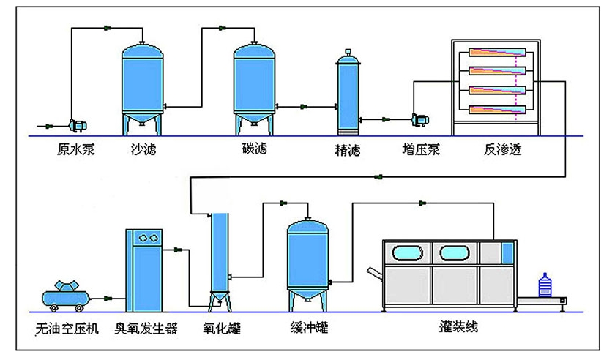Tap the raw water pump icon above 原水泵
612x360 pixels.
(76, 124)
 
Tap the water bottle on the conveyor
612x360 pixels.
(544, 285)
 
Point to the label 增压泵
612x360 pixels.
(422, 151)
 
